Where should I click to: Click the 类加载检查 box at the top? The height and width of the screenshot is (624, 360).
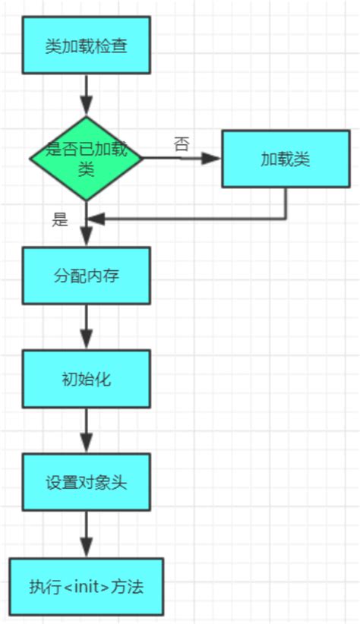(85, 46)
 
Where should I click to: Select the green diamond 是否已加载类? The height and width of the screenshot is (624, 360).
(86, 158)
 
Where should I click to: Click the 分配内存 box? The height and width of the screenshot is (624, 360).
(86, 276)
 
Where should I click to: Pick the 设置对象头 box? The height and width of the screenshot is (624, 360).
(86, 483)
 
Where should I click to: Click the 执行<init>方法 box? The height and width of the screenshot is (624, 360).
(86, 587)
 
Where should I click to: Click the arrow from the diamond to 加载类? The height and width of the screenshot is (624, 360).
(182, 159)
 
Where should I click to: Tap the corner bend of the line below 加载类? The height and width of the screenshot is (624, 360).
(286, 219)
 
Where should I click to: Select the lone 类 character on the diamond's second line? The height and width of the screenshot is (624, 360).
(86, 169)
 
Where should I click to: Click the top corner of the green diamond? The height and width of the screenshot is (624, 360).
(86, 117)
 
